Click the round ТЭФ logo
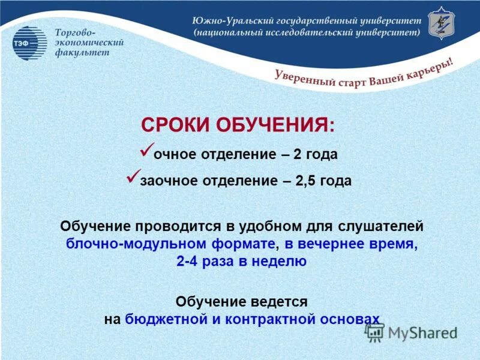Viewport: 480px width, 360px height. (x=29, y=43)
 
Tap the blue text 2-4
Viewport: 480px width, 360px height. (x=190, y=261)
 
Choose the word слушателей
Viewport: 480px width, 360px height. (x=379, y=227)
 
